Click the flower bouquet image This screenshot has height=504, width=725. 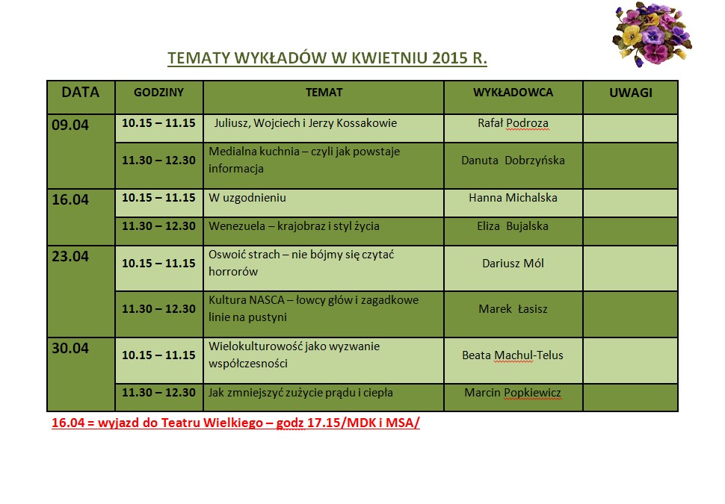coord(652,34)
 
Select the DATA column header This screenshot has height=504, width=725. coord(81,92)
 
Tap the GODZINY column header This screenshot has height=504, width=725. coord(158,93)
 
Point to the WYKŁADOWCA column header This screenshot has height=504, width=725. coord(513,93)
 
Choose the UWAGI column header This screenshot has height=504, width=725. coord(631,93)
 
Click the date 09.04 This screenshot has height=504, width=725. coord(70,125)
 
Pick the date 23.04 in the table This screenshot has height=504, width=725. coord(70,256)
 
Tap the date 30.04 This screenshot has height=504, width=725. coord(70,348)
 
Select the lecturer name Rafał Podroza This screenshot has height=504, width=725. coord(513,123)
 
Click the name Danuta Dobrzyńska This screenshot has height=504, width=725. coord(513,161)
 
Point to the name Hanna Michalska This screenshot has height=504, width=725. coord(513,198)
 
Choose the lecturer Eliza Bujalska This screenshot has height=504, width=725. coord(513,226)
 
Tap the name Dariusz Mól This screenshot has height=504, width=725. coord(513,264)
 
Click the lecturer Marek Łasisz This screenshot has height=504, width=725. coord(513,309)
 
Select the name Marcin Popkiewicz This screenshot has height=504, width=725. coord(513,393)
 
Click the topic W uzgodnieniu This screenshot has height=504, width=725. coord(247,198)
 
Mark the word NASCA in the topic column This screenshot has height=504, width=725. coord(267,300)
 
